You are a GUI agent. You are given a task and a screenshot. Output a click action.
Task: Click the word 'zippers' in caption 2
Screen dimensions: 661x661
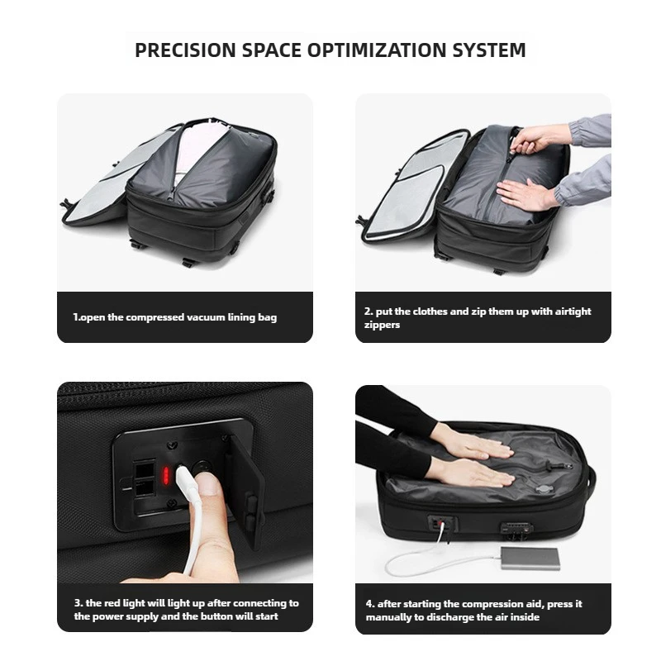tap(383, 326)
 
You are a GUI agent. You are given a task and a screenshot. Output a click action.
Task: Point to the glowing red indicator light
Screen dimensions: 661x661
tap(166, 475)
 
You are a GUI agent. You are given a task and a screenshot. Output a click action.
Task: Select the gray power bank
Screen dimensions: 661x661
tap(528, 558)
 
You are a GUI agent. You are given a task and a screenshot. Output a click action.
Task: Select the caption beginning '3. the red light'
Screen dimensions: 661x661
tap(185, 609)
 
